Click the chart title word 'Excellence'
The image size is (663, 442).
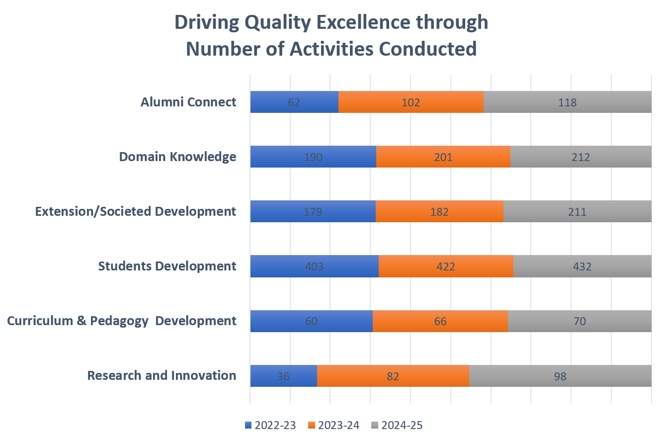[x=346, y=23]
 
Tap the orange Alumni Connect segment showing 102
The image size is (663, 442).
[x=411, y=102]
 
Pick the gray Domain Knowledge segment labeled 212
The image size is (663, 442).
[x=580, y=157]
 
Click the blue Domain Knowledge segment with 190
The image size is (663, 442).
[x=313, y=157]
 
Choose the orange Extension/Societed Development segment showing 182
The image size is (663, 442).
[x=439, y=212]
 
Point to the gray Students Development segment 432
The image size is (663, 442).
[x=582, y=266]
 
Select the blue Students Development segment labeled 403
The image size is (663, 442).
[x=314, y=266]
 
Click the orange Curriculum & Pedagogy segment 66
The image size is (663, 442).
[x=440, y=321]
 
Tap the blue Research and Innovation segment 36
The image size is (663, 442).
[x=283, y=376]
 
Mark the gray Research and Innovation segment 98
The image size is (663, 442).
[x=560, y=376]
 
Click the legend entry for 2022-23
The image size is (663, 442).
[x=270, y=425]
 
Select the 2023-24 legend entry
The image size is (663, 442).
[x=333, y=425]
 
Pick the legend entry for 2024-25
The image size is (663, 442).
[x=397, y=425]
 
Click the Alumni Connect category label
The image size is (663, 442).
[x=188, y=102]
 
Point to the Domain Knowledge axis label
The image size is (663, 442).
[x=177, y=157]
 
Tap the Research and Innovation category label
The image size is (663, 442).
[x=162, y=375]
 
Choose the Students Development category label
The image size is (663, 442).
[x=167, y=266]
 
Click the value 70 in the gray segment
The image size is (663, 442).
[x=580, y=321]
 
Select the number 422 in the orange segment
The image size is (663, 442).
[x=445, y=266]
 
